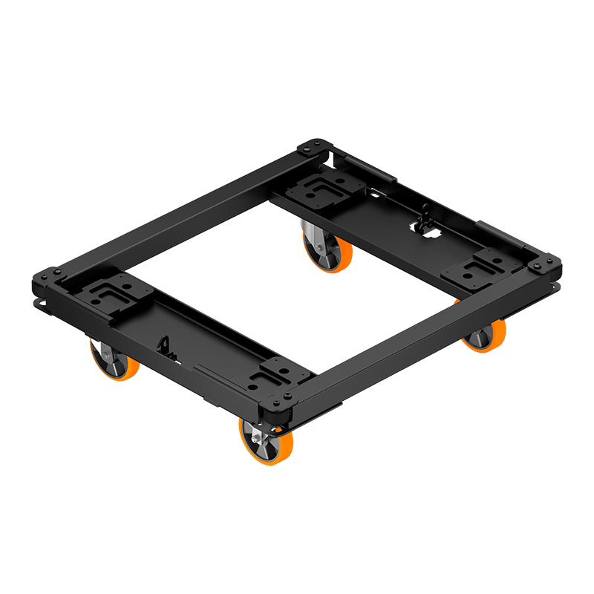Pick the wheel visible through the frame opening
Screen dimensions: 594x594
pos(327,251)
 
